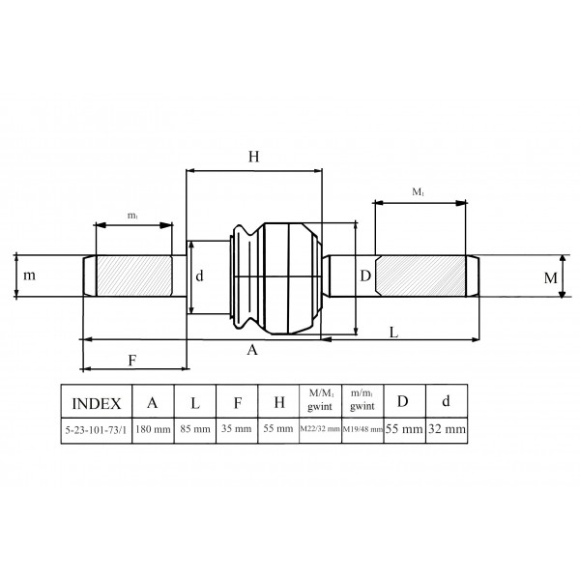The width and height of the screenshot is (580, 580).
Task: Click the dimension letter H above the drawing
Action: point(253,157)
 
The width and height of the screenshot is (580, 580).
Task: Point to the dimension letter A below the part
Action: point(252,350)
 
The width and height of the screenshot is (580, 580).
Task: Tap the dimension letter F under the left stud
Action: point(132,361)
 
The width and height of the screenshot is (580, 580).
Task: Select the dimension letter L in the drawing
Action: point(394,333)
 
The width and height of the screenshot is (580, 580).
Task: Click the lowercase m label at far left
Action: point(30,275)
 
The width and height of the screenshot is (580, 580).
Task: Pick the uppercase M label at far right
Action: point(550,278)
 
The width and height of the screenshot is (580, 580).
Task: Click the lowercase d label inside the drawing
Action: point(199,275)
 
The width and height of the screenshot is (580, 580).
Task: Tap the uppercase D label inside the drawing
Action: point(365,275)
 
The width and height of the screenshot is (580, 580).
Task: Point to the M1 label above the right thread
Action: point(418,192)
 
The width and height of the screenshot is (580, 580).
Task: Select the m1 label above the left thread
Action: point(132,216)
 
